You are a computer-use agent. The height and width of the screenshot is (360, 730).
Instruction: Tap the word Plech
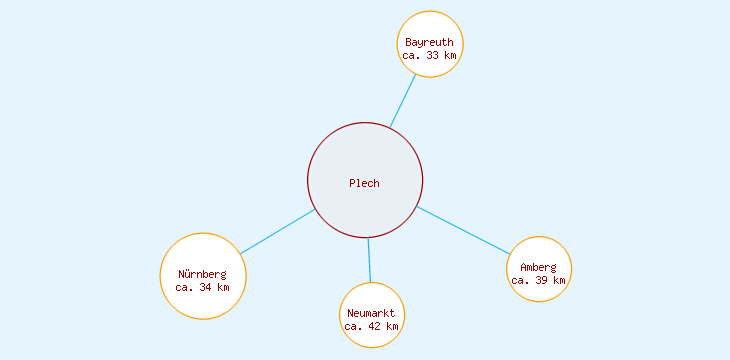click(365, 183)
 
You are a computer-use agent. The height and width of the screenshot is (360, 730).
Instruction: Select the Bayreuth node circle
click(430, 25)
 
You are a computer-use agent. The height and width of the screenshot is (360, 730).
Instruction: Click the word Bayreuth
click(430, 42)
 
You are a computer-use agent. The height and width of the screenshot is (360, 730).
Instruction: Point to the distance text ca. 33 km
click(430, 56)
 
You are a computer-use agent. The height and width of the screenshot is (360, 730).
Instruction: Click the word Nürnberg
click(203, 274)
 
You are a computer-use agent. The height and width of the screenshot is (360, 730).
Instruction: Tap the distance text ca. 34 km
click(203, 288)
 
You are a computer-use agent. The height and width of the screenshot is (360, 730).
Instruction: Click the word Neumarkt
click(372, 313)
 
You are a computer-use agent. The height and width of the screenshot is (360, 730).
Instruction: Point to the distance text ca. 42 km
click(372, 326)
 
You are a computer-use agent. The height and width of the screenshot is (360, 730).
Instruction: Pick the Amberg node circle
click(539, 250)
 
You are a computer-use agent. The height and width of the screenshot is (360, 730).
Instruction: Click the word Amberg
click(539, 267)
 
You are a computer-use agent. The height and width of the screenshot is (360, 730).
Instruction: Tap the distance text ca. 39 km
click(539, 281)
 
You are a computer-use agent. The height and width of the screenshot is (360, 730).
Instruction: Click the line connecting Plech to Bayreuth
click(403, 100)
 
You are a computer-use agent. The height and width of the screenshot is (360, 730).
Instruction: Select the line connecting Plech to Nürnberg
click(277, 232)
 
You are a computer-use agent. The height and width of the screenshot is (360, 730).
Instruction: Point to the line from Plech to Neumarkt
click(369, 260)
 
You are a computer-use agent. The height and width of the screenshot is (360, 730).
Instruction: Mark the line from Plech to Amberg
click(463, 230)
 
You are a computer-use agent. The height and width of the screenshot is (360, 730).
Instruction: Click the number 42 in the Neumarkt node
click(376, 326)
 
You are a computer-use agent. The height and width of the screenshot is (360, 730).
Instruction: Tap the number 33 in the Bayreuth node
click(434, 56)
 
